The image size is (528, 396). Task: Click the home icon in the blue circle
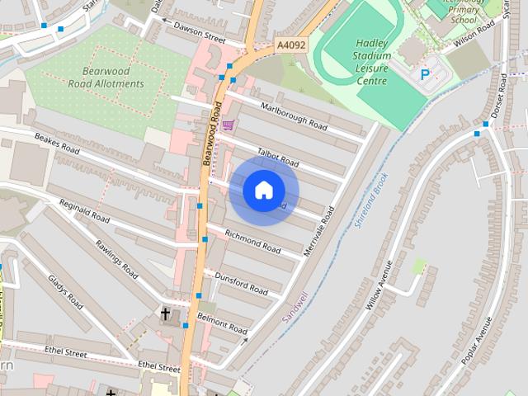263,190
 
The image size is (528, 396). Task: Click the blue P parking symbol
425,74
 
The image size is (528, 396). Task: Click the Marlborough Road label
294,115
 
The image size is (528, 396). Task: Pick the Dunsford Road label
242,285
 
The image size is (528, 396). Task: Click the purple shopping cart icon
228,125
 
